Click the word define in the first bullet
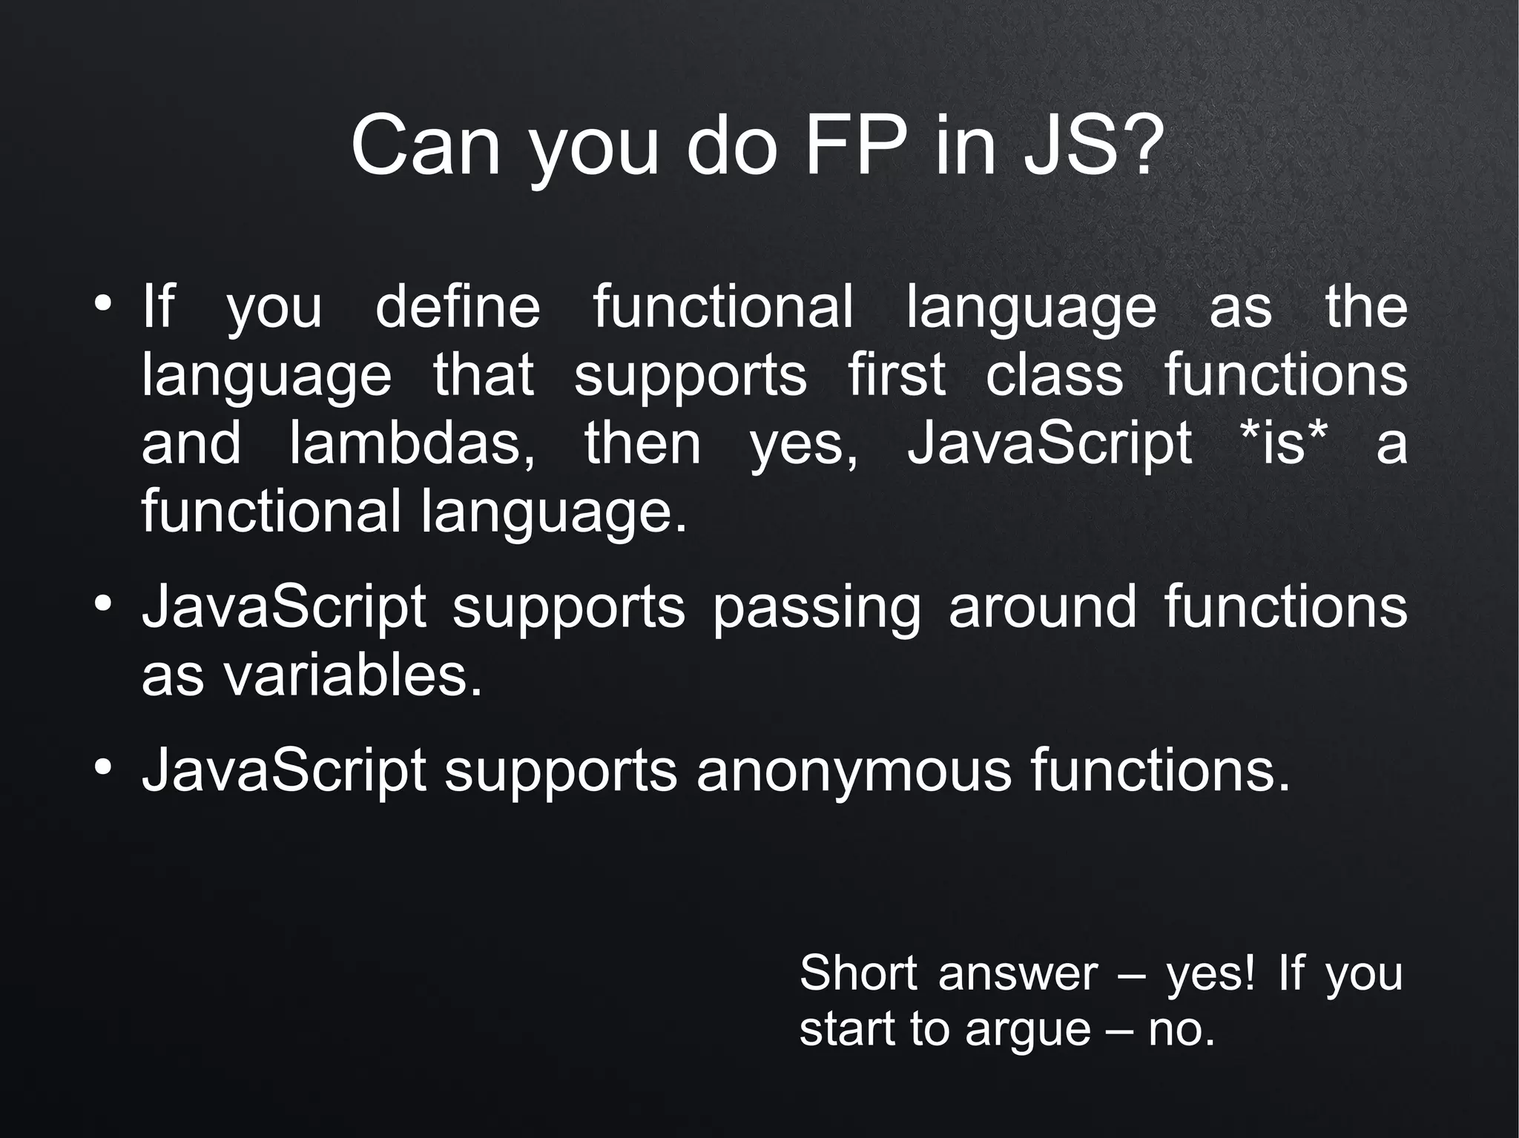pos(458,307)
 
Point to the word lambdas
pos(412,444)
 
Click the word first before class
pos(896,375)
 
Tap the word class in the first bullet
pos(1054,375)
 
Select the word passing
pos(817,609)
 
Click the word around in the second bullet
pos(1042,607)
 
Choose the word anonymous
pos(854,772)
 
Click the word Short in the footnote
pos(859,973)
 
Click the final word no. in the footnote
pos(1182,1031)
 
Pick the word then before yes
pos(642,444)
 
